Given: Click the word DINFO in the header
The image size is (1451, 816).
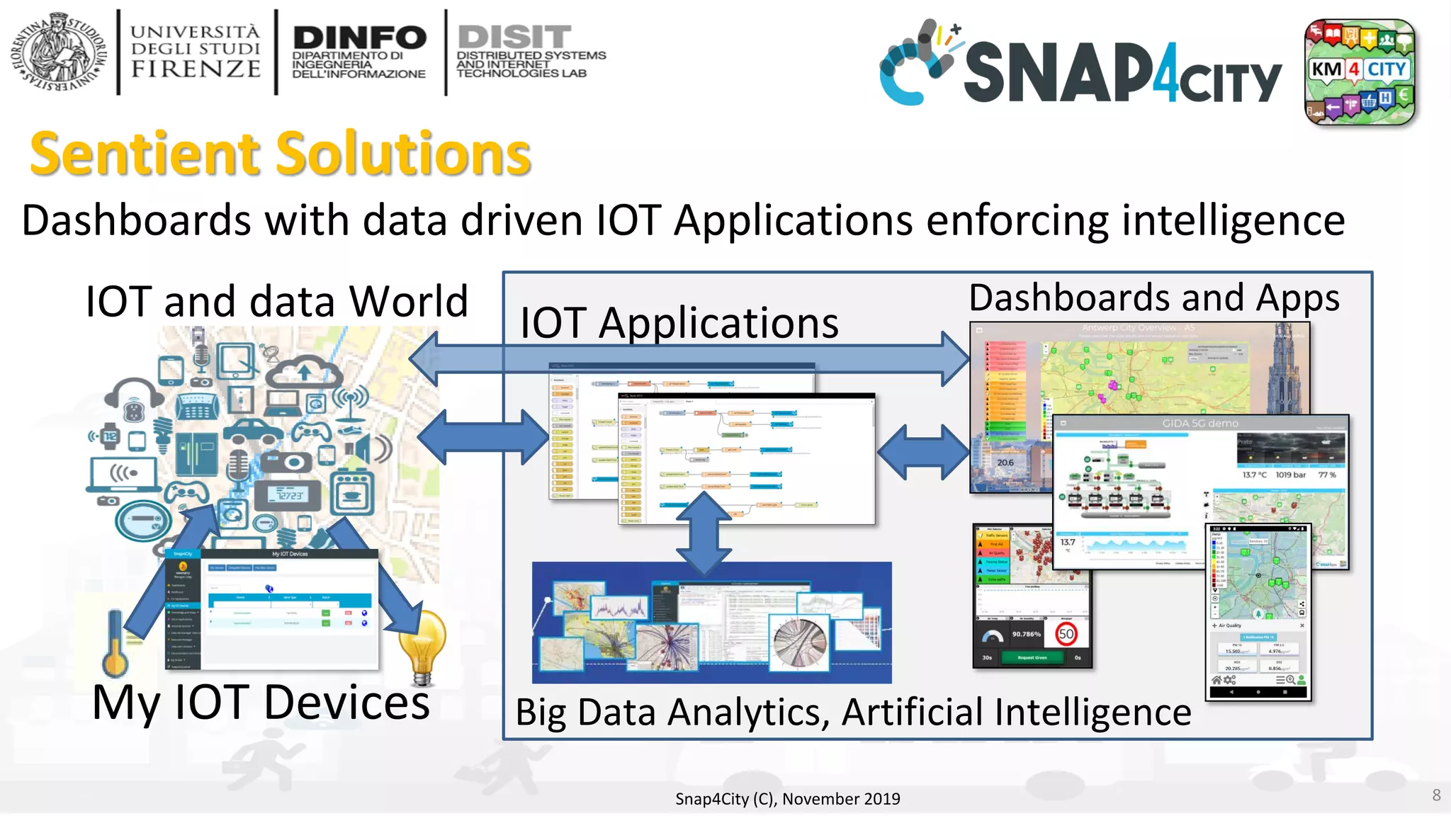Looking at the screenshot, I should (359, 38).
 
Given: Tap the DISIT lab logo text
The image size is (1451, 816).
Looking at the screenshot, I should (514, 37).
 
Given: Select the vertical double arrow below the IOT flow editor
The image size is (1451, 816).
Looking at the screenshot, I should (704, 533).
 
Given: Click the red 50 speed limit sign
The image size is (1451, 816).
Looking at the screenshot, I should (1066, 633).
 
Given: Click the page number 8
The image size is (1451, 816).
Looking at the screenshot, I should (1436, 795).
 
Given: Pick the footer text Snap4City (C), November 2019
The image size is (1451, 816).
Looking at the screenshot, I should (787, 799).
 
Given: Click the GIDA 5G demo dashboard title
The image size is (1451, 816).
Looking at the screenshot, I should (1200, 424).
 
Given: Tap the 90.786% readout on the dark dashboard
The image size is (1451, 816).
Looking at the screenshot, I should (1026, 634).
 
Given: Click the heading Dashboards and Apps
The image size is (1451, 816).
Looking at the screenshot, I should (1153, 297).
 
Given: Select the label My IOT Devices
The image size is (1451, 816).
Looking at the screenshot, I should (261, 703).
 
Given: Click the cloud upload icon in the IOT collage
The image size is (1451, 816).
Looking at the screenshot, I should (305, 371).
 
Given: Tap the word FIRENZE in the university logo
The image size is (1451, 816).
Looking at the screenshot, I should (196, 69).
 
